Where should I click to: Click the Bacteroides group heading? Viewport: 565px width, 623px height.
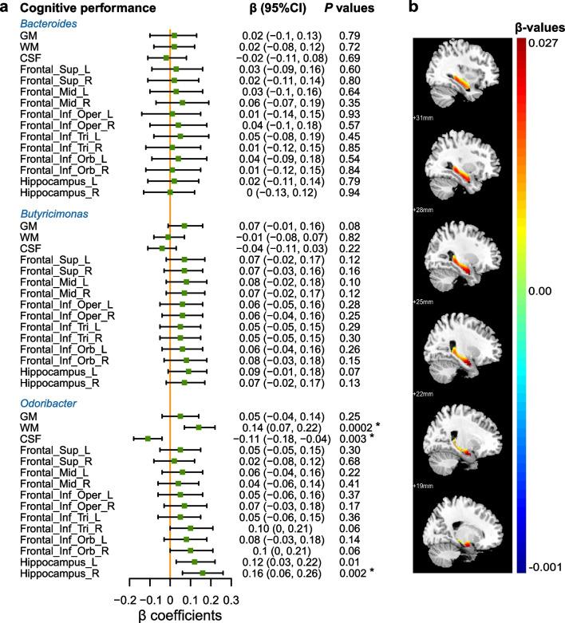pos(49,24)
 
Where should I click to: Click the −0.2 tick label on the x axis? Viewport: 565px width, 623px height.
pos(123,597)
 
